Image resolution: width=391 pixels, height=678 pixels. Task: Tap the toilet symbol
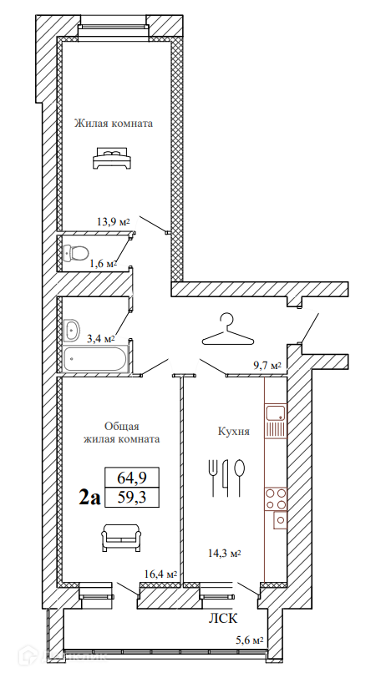click(x=75, y=252)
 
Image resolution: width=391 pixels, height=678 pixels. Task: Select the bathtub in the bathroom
click(x=95, y=359)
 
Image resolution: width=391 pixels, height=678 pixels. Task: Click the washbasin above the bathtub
click(x=71, y=329)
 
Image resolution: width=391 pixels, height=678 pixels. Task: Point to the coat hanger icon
click(x=227, y=331)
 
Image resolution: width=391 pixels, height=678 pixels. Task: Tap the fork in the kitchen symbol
click(x=212, y=477)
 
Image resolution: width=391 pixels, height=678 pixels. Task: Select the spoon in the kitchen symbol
click(x=239, y=477)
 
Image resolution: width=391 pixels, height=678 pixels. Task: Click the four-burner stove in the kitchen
click(x=276, y=498)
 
